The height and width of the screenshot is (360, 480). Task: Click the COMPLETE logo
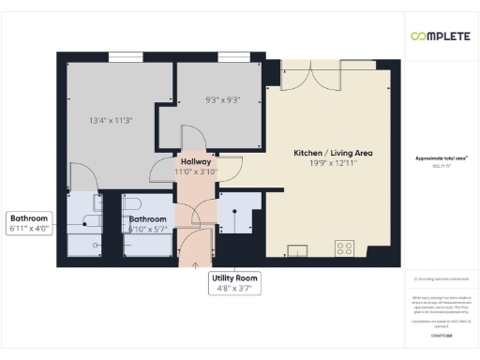pos(441,37)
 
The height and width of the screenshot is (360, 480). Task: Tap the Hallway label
pos(196,161)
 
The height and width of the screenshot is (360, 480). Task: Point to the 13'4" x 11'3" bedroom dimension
pos(111,120)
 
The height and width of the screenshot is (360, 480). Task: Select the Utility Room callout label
pos(233,278)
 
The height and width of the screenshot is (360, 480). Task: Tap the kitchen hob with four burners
pos(344,248)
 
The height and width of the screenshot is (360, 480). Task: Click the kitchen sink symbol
pos(298,249)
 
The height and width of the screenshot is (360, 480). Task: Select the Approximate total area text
pos(441,159)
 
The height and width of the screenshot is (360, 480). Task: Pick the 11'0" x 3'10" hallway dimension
pos(196,172)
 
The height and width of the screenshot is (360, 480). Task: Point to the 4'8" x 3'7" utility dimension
pos(233,290)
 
